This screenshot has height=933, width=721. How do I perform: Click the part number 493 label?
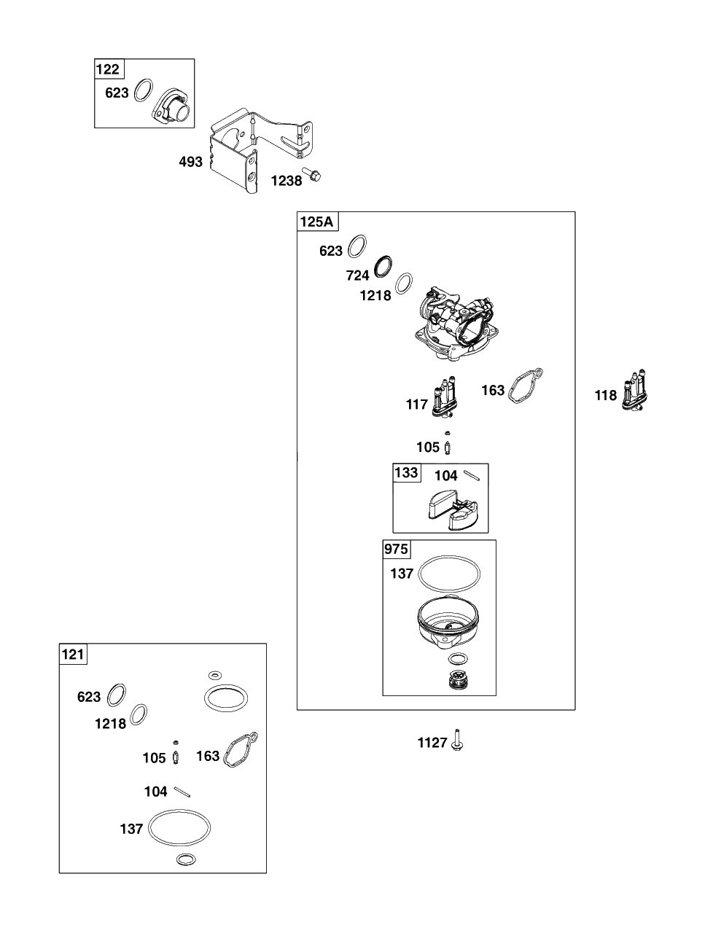pos(191,162)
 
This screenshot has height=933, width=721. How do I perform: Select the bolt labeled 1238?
pos(312,173)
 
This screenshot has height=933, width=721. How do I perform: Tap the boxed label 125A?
pos(317,222)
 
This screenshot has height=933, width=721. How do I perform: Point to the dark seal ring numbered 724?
pos(384,266)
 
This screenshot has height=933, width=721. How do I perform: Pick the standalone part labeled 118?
pos(635,390)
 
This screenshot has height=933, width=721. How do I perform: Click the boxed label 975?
pos(396,549)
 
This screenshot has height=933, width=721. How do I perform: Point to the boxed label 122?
pos(108,69)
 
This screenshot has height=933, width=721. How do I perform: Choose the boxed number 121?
pos(73,655)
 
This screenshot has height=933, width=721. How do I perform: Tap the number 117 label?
pos(416,404)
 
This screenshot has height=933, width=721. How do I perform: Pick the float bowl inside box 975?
pos(449,622)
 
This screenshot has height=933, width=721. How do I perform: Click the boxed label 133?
pos(406,472)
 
